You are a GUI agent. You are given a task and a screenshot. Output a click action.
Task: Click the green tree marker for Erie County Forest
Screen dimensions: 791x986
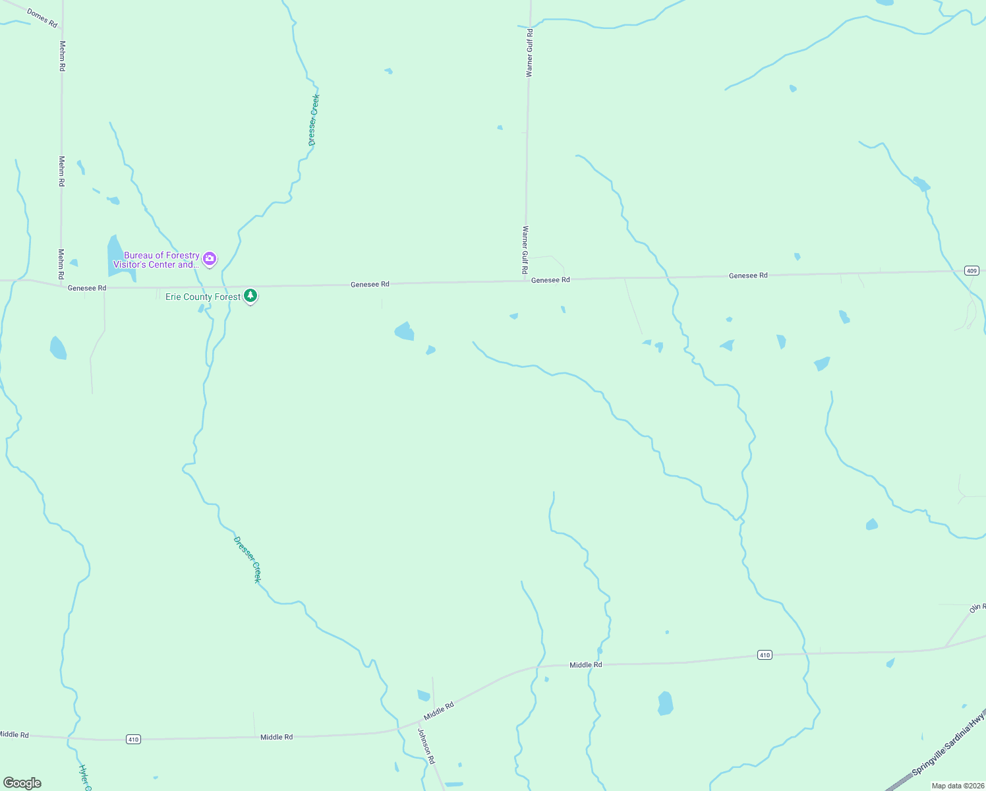[x=250, y=296]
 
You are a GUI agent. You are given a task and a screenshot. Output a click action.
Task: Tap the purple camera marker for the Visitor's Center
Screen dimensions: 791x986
[x=210, y=259]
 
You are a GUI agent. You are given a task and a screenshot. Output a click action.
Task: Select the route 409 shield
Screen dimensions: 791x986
[x=971, y=271]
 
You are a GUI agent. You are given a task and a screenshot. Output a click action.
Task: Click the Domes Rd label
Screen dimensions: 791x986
[x=42, y=18]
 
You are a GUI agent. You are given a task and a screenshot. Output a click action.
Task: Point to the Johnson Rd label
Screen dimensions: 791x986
[x=426, y=746]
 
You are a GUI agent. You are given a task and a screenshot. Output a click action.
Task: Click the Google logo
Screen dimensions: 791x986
[x=22, y=783]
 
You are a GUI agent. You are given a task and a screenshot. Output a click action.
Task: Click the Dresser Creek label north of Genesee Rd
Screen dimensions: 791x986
[x=314, y=120]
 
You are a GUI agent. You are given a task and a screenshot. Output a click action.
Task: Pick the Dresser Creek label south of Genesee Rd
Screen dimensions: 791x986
[x=247, y=560]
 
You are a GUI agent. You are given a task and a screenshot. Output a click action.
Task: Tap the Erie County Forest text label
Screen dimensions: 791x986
[x=203, y=297]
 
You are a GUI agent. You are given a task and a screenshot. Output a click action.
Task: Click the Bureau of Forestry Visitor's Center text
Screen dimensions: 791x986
[x=161, y=260]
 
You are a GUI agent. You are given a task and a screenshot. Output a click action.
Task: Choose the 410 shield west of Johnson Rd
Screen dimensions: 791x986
[x=134, y=740]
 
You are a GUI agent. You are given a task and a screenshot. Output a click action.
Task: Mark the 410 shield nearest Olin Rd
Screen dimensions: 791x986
[x=765, y=655]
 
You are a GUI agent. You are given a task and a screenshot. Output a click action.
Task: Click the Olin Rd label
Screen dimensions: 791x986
[x=977, y=607]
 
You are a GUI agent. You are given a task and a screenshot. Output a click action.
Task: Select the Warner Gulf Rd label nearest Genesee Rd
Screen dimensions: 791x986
[x=525, y=250]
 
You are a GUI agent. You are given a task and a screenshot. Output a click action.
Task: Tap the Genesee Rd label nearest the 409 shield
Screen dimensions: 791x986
[x=748, y=276]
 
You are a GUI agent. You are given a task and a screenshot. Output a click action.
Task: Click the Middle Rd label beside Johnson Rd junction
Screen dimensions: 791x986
[x=439, y=711]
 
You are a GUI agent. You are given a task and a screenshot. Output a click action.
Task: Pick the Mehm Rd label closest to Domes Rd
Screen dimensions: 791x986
[x=63, y=56]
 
